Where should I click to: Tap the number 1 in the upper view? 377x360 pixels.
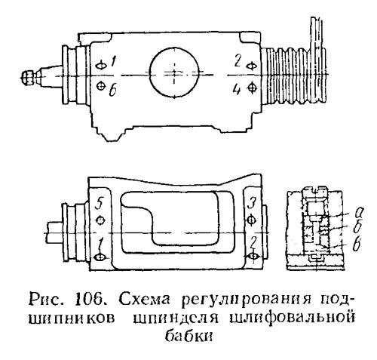click(x=113, y=62)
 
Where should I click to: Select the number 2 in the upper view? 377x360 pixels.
click(x=238, y=61)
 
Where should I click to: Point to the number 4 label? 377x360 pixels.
click(x=237, y=89)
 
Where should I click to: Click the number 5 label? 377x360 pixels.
click(x=99, y=204)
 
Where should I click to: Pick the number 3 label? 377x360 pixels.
click(x=251, y=204)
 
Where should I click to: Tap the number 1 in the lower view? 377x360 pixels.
click(x=101, y=244)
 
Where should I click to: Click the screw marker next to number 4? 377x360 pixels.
click(x=252, y=88)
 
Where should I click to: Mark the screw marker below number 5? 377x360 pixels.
click(x=100, y=220)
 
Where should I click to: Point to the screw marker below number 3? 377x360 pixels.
click(x=252, y=220)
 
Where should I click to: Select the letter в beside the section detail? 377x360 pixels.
click(x=357, y=244)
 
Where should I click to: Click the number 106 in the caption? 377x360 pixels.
click(x=87, y=300)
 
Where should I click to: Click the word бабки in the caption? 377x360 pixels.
click(x=188, y=335)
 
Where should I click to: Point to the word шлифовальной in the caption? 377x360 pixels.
click(x=293, y=317)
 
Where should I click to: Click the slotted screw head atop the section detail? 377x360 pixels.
click(x=315, y=191)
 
